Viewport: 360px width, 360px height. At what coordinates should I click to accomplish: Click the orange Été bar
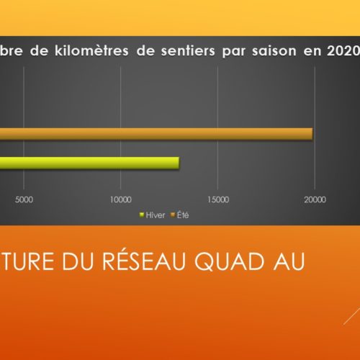coord(156,134)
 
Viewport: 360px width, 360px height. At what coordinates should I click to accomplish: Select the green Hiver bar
coord(89,163)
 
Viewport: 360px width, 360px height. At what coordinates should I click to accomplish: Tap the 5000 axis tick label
coord(24,199)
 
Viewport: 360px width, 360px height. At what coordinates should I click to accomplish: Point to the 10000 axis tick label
coord(121,199)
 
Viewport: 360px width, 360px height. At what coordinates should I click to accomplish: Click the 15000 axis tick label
coord(218,199)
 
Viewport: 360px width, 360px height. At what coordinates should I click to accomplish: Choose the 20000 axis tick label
coord(315,199)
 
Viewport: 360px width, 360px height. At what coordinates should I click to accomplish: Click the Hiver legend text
coord(156,215)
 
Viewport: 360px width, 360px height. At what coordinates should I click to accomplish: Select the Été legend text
coord(183,215)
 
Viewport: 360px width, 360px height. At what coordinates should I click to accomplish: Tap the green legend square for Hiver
coord(142,215)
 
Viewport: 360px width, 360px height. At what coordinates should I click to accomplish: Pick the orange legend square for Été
coord(173,215)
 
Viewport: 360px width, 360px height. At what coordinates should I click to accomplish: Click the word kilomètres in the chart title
coord(91,50)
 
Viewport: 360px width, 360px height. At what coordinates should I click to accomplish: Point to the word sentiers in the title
coord(188,51)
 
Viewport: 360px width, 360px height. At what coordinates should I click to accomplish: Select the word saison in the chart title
coord(274,51)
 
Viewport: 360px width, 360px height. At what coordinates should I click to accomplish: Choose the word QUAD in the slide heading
coord(229,261)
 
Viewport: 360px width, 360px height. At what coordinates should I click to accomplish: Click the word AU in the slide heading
coord(289,261)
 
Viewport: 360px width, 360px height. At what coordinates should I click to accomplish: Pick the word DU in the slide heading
coord(78,261)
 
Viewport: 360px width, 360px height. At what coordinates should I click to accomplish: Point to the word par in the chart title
coord(233,52)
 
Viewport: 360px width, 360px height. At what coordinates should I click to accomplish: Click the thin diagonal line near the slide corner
coord(352,315)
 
